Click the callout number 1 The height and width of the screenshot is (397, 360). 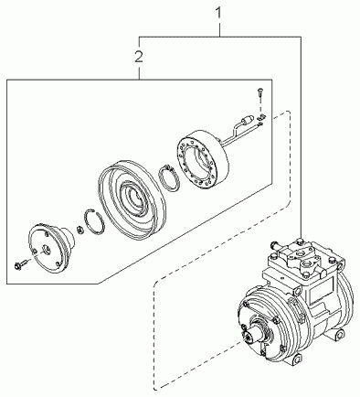(x=219, y=14)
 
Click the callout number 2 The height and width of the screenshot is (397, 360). (x=139, y=57)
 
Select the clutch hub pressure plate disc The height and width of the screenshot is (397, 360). (x=51, y=248)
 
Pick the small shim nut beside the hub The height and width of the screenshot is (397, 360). (x=79, y=230)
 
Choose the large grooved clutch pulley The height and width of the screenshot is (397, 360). (x=132, y=198)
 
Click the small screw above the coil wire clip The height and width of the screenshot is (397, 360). (x=260, y=92)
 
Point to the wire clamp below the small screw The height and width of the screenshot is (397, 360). (x=261, y=116)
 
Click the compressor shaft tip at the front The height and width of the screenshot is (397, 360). (x=249, y=336)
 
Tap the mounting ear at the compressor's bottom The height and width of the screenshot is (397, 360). (x=296, y=359)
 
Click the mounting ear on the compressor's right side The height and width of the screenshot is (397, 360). (x=340, y=335)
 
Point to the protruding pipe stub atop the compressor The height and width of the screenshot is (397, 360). (x=275, y=245)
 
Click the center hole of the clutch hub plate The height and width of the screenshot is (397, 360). (x=46, y=249)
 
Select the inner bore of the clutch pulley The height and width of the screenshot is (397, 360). (x=133, y=198)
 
